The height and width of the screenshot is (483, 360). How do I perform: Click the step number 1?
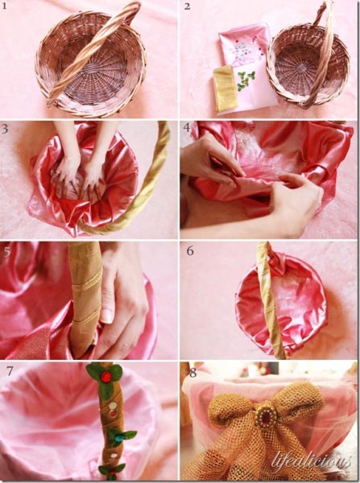(4, 6)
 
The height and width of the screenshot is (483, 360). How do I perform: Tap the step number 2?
(187, 6)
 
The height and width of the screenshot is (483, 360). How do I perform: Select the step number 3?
(5, 129)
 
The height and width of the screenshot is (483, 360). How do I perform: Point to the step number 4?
(187, 127)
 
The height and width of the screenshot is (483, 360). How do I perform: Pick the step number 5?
(7, 252)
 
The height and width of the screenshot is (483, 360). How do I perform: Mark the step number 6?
(190, 250)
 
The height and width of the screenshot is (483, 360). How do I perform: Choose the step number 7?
(10, 371)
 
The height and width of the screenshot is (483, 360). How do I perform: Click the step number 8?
(193, 373)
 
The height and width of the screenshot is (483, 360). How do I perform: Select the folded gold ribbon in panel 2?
(225, 88)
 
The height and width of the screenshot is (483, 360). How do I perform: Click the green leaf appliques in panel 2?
(246, 79)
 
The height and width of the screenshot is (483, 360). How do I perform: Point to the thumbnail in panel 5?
(107, 316)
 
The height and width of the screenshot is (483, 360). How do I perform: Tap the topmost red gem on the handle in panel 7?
(106, 377)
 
